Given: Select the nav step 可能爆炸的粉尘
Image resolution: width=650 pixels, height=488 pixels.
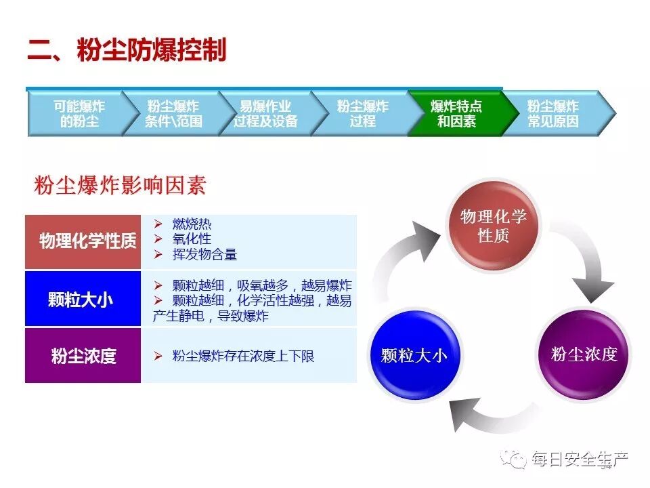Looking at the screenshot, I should point(79,114).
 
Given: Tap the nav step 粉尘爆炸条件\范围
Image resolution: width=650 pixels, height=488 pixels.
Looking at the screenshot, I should point(173,114).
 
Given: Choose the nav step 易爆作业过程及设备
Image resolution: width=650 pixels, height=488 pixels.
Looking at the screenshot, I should point(265,114).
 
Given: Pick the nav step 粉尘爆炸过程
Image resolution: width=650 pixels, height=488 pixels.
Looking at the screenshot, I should point(362,114).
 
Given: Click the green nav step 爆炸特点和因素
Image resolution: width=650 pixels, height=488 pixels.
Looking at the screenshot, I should point(456,114).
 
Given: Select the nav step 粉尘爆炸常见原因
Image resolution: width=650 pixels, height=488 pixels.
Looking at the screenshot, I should point(552,114).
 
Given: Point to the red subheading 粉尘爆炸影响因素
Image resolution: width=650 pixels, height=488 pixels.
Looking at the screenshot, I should point(119,186).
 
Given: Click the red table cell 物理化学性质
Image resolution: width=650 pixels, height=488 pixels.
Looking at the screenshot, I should point(83,241).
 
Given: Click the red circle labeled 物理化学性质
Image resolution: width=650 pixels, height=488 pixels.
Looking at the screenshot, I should point(493,226).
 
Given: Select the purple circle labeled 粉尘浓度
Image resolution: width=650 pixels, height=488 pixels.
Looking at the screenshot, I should point(584,354).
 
